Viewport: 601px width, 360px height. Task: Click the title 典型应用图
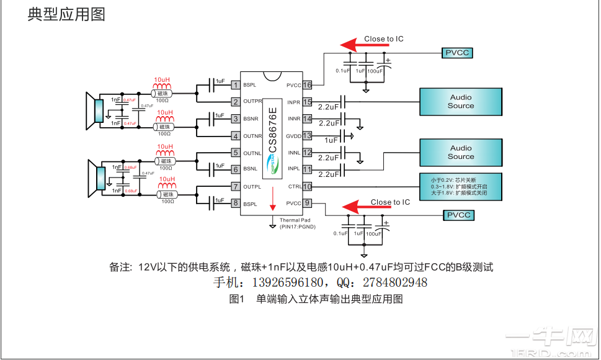pyautogui.click(x=66, y=14)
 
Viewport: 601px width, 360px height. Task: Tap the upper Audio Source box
pyautogui.click(x=460, y=102)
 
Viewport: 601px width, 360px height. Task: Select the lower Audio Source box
pyautogui.click(x=460, y=153)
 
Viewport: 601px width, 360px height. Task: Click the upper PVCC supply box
pyautogui.click(x=457, y=53)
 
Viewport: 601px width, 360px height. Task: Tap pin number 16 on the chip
pyautogui.click(x=307, y=85)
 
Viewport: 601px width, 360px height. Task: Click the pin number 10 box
pyautogui.click(x=307, y=186)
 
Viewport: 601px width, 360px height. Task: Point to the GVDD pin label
pyautogui.click(x=293, y=136)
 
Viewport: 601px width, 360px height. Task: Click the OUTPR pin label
pyautogui.click(x=252, y=102)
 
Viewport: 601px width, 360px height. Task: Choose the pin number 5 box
pyautogui.click(x=235, y=153)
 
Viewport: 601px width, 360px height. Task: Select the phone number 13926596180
pyautogui.click(x=287, y=283)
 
